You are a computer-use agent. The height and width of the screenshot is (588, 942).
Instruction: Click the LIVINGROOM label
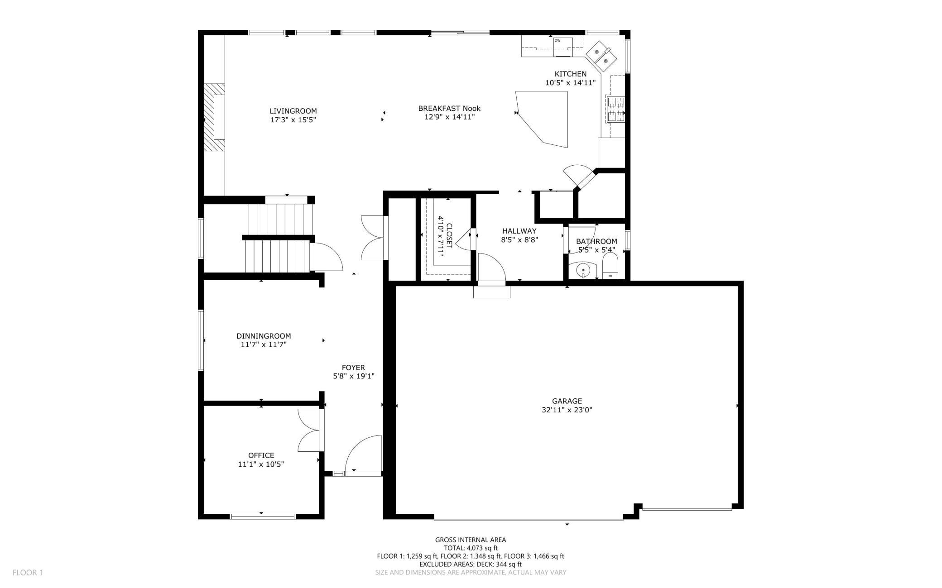293,111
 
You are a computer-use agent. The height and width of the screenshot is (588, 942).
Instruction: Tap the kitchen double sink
601,55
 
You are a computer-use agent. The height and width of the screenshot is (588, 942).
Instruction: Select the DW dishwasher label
557,41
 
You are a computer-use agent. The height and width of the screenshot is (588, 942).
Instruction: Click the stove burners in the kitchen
615,110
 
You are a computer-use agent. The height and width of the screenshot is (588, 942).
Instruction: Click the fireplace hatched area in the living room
214,117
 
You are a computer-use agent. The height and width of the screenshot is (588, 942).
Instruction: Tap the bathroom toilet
610,266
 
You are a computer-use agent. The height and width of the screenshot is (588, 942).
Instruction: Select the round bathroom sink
583,271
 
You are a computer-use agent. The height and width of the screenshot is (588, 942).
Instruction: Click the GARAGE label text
567,401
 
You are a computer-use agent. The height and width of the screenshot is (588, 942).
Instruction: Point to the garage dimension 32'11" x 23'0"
567,410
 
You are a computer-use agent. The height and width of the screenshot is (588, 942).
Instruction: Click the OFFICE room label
261,455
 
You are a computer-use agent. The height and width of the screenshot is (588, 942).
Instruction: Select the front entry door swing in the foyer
363,454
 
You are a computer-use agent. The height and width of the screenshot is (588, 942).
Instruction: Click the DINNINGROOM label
264,336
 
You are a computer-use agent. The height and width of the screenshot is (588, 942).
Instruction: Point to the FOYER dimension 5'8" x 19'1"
354,376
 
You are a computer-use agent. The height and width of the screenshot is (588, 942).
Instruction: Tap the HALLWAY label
519,231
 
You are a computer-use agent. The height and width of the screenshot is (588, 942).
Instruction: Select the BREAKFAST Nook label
449,108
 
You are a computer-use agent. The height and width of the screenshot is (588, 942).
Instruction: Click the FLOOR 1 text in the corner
28,573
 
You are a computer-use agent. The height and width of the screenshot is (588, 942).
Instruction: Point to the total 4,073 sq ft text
471,548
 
